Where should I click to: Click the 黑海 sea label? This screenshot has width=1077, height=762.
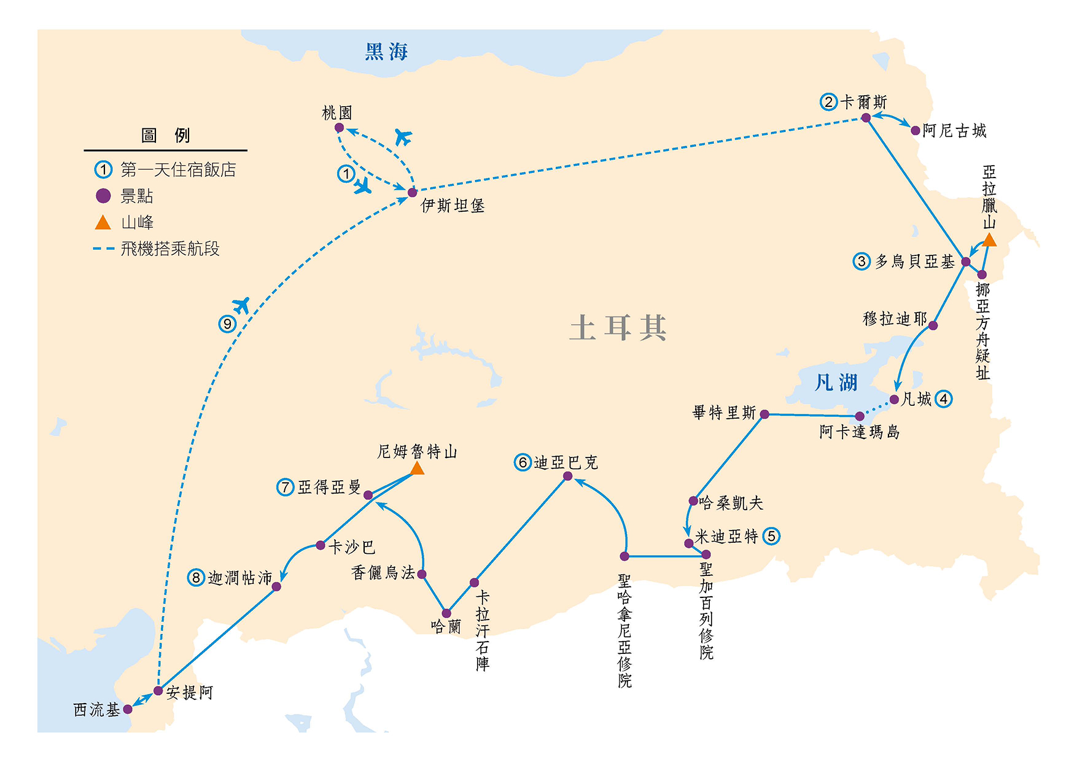(x=386, y=52)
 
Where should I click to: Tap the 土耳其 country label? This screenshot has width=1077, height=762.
(x=617, y=327)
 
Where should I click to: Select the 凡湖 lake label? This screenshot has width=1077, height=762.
(x=836, y=383)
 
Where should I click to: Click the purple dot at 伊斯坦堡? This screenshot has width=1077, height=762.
(x=413, y=193)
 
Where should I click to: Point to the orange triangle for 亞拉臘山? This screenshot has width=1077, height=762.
(x=989, y=240)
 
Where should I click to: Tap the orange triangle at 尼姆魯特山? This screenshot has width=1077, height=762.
(x=417, y=469)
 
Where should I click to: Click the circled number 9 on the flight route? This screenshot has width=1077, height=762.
(x=227, y=324)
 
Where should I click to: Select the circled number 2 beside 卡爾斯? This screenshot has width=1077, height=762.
(x=828, y=102)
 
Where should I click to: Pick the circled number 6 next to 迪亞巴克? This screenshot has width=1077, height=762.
(x=523, y=462)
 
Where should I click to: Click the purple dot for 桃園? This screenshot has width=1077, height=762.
(x=339, y=128)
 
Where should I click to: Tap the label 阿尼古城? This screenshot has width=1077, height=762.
(x=954, y=131)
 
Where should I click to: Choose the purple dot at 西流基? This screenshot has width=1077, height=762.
(x=128, y=709)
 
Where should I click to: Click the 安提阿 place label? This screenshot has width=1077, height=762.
(x=190, y=693)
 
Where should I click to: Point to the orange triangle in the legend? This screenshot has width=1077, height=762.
(x=103, y=222)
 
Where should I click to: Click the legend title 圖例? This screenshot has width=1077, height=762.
(x=166, y=135)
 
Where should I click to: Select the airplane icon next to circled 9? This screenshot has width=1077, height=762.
(x=242, y=305)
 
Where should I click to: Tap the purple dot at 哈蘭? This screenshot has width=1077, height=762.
(x=446, y=613)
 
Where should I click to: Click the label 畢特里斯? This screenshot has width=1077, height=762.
(x=724, y=413)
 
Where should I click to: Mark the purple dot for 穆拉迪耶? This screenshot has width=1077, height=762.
(x=933, y=325)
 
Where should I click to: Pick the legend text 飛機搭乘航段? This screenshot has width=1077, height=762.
(x=170, y=249)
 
